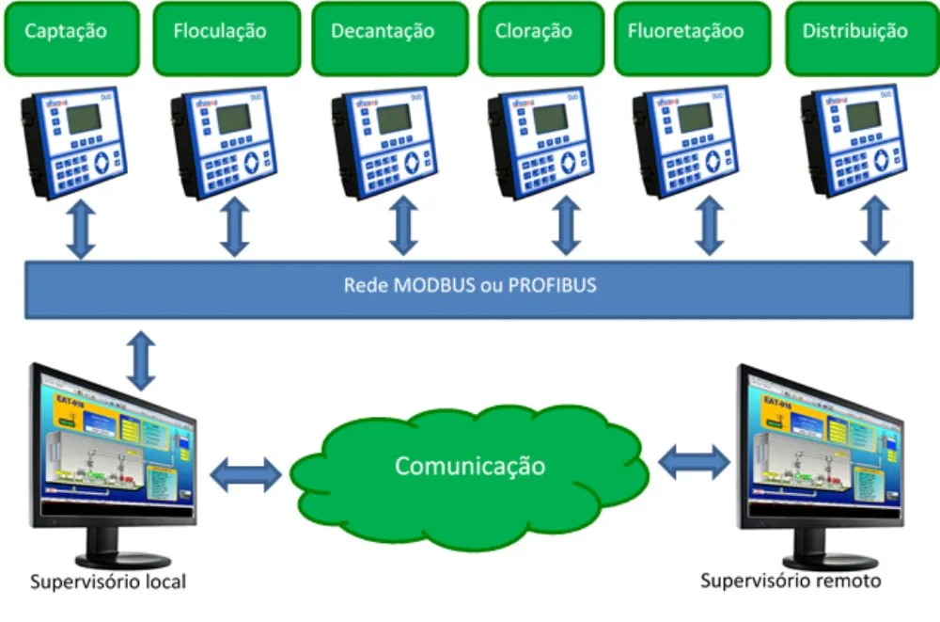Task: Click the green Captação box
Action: tap(66, 38)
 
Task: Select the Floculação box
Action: tap(220, 38)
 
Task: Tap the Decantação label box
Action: tap(389, 38)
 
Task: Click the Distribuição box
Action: tap(855, 38)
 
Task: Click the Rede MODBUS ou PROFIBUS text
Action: tap(469, 285)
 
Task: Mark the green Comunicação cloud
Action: tap(469, 466)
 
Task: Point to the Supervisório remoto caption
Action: tap(791, 581)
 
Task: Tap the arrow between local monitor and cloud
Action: tap(245, 473)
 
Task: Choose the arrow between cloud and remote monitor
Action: tap(695, 462)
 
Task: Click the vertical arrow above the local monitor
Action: tap(141, 360)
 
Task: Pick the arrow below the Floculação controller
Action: tap(235, 229)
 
